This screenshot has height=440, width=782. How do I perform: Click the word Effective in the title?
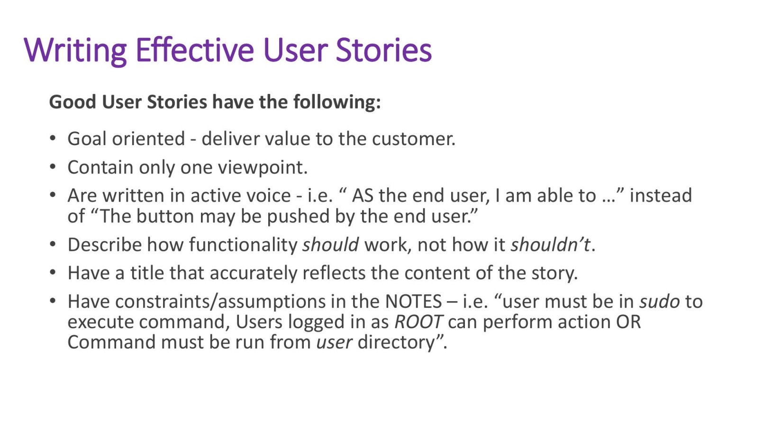[195, 50]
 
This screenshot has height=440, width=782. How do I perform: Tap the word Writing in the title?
[75, 50]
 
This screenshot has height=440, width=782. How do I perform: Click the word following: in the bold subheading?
[336, 102]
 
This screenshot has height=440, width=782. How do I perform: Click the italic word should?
[330, 245]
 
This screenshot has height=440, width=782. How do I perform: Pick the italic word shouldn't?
[550, 245]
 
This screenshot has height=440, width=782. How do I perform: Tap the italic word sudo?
[660, 302]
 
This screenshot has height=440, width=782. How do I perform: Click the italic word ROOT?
[418, 322]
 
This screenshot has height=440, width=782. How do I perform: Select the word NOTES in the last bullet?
[413, 302]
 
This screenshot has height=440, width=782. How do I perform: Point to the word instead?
[661, 195]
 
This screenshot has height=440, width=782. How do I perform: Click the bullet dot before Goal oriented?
[53, 138]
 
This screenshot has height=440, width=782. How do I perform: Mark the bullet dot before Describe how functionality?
[53, 245]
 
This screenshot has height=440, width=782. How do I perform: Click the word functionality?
[243, 245]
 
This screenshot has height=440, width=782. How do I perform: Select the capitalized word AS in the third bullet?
[362, 195]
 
